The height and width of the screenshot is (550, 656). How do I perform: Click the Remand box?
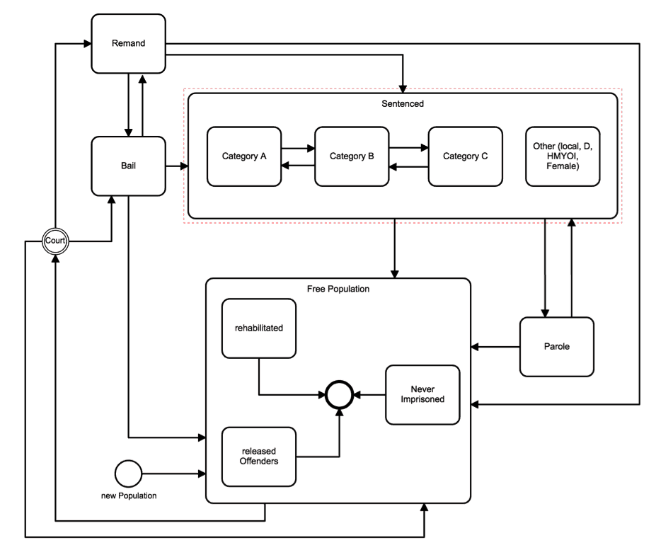[x=128, y=43]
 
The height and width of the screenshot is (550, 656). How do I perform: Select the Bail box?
[x=128, y=166]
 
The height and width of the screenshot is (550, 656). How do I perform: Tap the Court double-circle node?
[x=55, y=241]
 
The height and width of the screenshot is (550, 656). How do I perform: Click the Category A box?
[x=244, y=156]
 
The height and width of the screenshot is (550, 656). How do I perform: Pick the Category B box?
[x=352, y=156]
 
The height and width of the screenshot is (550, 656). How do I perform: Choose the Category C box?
[x=465, y=156]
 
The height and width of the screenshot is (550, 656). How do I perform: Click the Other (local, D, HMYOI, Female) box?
[x=563, y=156]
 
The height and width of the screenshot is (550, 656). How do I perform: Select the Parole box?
[x=557, y=347]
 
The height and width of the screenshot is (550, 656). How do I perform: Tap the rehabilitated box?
[x=259, y=328]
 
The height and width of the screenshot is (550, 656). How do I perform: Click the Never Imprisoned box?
[x=422, y=395]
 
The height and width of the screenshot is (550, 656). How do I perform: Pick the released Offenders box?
[x=259, y=457]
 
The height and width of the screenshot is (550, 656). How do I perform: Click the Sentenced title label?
[x=403, y=104]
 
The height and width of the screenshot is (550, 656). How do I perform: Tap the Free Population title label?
[x=338, y=289]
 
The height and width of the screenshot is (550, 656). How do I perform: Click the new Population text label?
[x=129, y=495]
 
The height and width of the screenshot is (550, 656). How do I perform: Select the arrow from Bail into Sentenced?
[x=177, y=166]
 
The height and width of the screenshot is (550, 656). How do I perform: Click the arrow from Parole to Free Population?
[x=495, y=347]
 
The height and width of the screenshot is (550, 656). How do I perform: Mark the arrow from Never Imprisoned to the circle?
[x=369, y=394]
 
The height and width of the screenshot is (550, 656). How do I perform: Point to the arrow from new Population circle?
[x=174, y=474]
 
